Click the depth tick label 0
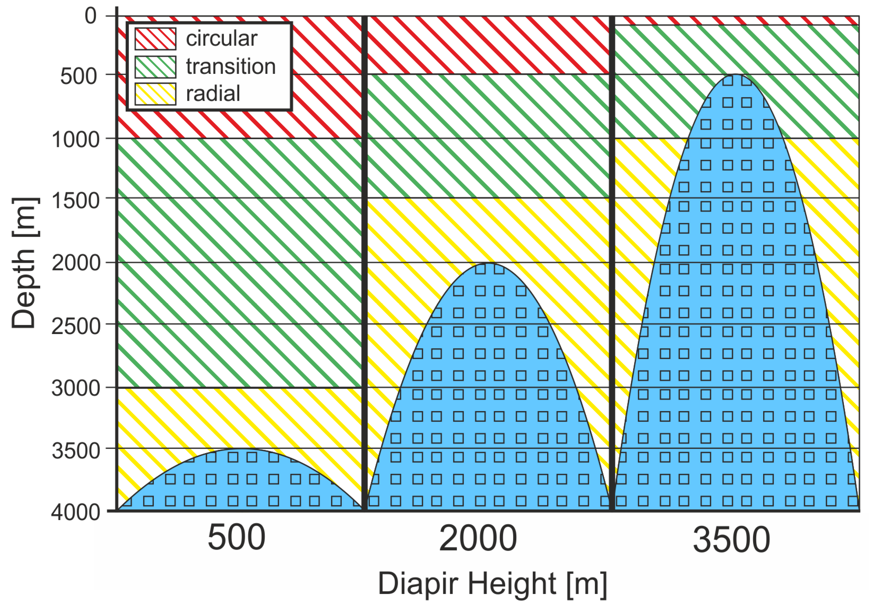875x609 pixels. [x=91, y=16]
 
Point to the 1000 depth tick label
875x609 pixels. [x=76, y=139]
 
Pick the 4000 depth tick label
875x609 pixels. [x=76, y=512]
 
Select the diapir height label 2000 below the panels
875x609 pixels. [x=478, y=538]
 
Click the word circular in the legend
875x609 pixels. [x=221, y=38]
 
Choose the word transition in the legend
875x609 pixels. [x=230, y=66]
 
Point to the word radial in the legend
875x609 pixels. [x=213, y=94]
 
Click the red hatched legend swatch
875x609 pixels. [x=155, y=39]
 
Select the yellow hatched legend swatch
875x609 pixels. [x=155, y=94]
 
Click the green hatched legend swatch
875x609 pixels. [x=155, y=67]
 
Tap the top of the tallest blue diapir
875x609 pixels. [x=736, y=75]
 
